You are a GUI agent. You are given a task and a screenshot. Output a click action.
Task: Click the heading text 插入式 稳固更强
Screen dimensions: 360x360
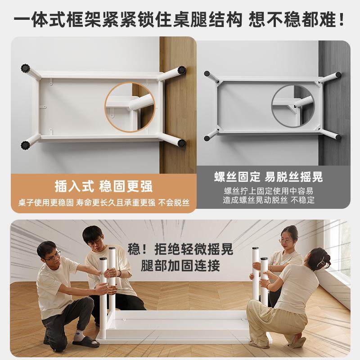[103, 185]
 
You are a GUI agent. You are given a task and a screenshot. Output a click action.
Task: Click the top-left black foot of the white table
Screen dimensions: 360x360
[25, 68]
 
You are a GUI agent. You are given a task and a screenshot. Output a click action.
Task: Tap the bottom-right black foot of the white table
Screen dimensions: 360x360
[182, 144]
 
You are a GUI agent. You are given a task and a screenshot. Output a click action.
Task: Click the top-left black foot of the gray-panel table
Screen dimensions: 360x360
[207, 74]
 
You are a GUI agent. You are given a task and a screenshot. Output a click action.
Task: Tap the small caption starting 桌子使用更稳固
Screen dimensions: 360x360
[103, 203]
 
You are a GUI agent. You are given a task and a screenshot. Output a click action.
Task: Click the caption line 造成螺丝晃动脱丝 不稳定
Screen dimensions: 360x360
[269, 200]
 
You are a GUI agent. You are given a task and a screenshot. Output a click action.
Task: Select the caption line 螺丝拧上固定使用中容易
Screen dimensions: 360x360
[269, 191]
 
